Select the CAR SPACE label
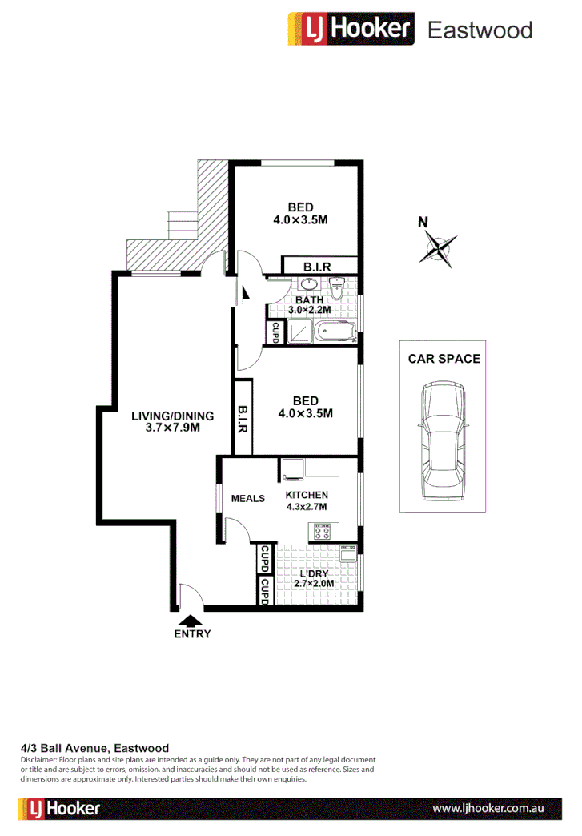[x=444, y=358]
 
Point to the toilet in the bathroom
[x=337, y=287]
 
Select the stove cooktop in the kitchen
[x=322, y=531]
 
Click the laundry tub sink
[x=347, y=553]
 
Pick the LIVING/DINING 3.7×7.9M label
[x=173, y=421]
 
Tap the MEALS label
[x=247, y=498]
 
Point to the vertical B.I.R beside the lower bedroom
[x=243, y=417]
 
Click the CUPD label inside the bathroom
[x=275, y=332]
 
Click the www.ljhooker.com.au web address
[x=488, y=809]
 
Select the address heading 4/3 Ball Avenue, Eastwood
[x=94, y=748]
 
